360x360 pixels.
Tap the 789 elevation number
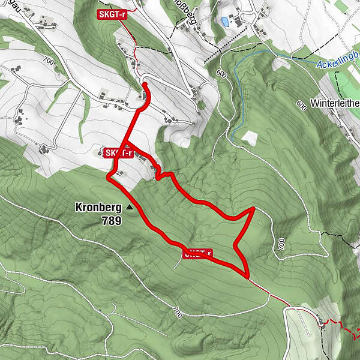click(x=112, y=221)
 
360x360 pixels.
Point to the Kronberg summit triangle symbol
click(x=130, y=208)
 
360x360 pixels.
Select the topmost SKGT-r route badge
click(x=115, y=14)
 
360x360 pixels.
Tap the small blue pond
click(x=225, y=21)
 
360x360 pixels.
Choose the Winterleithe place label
click(x=335, y=103)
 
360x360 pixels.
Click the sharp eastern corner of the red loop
click(x=254, y=208)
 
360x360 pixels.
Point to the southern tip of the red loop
click(x=247, y=275)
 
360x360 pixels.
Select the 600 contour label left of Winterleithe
click(x=301, y=105)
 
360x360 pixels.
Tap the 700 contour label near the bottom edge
click(x=177, y=312)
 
